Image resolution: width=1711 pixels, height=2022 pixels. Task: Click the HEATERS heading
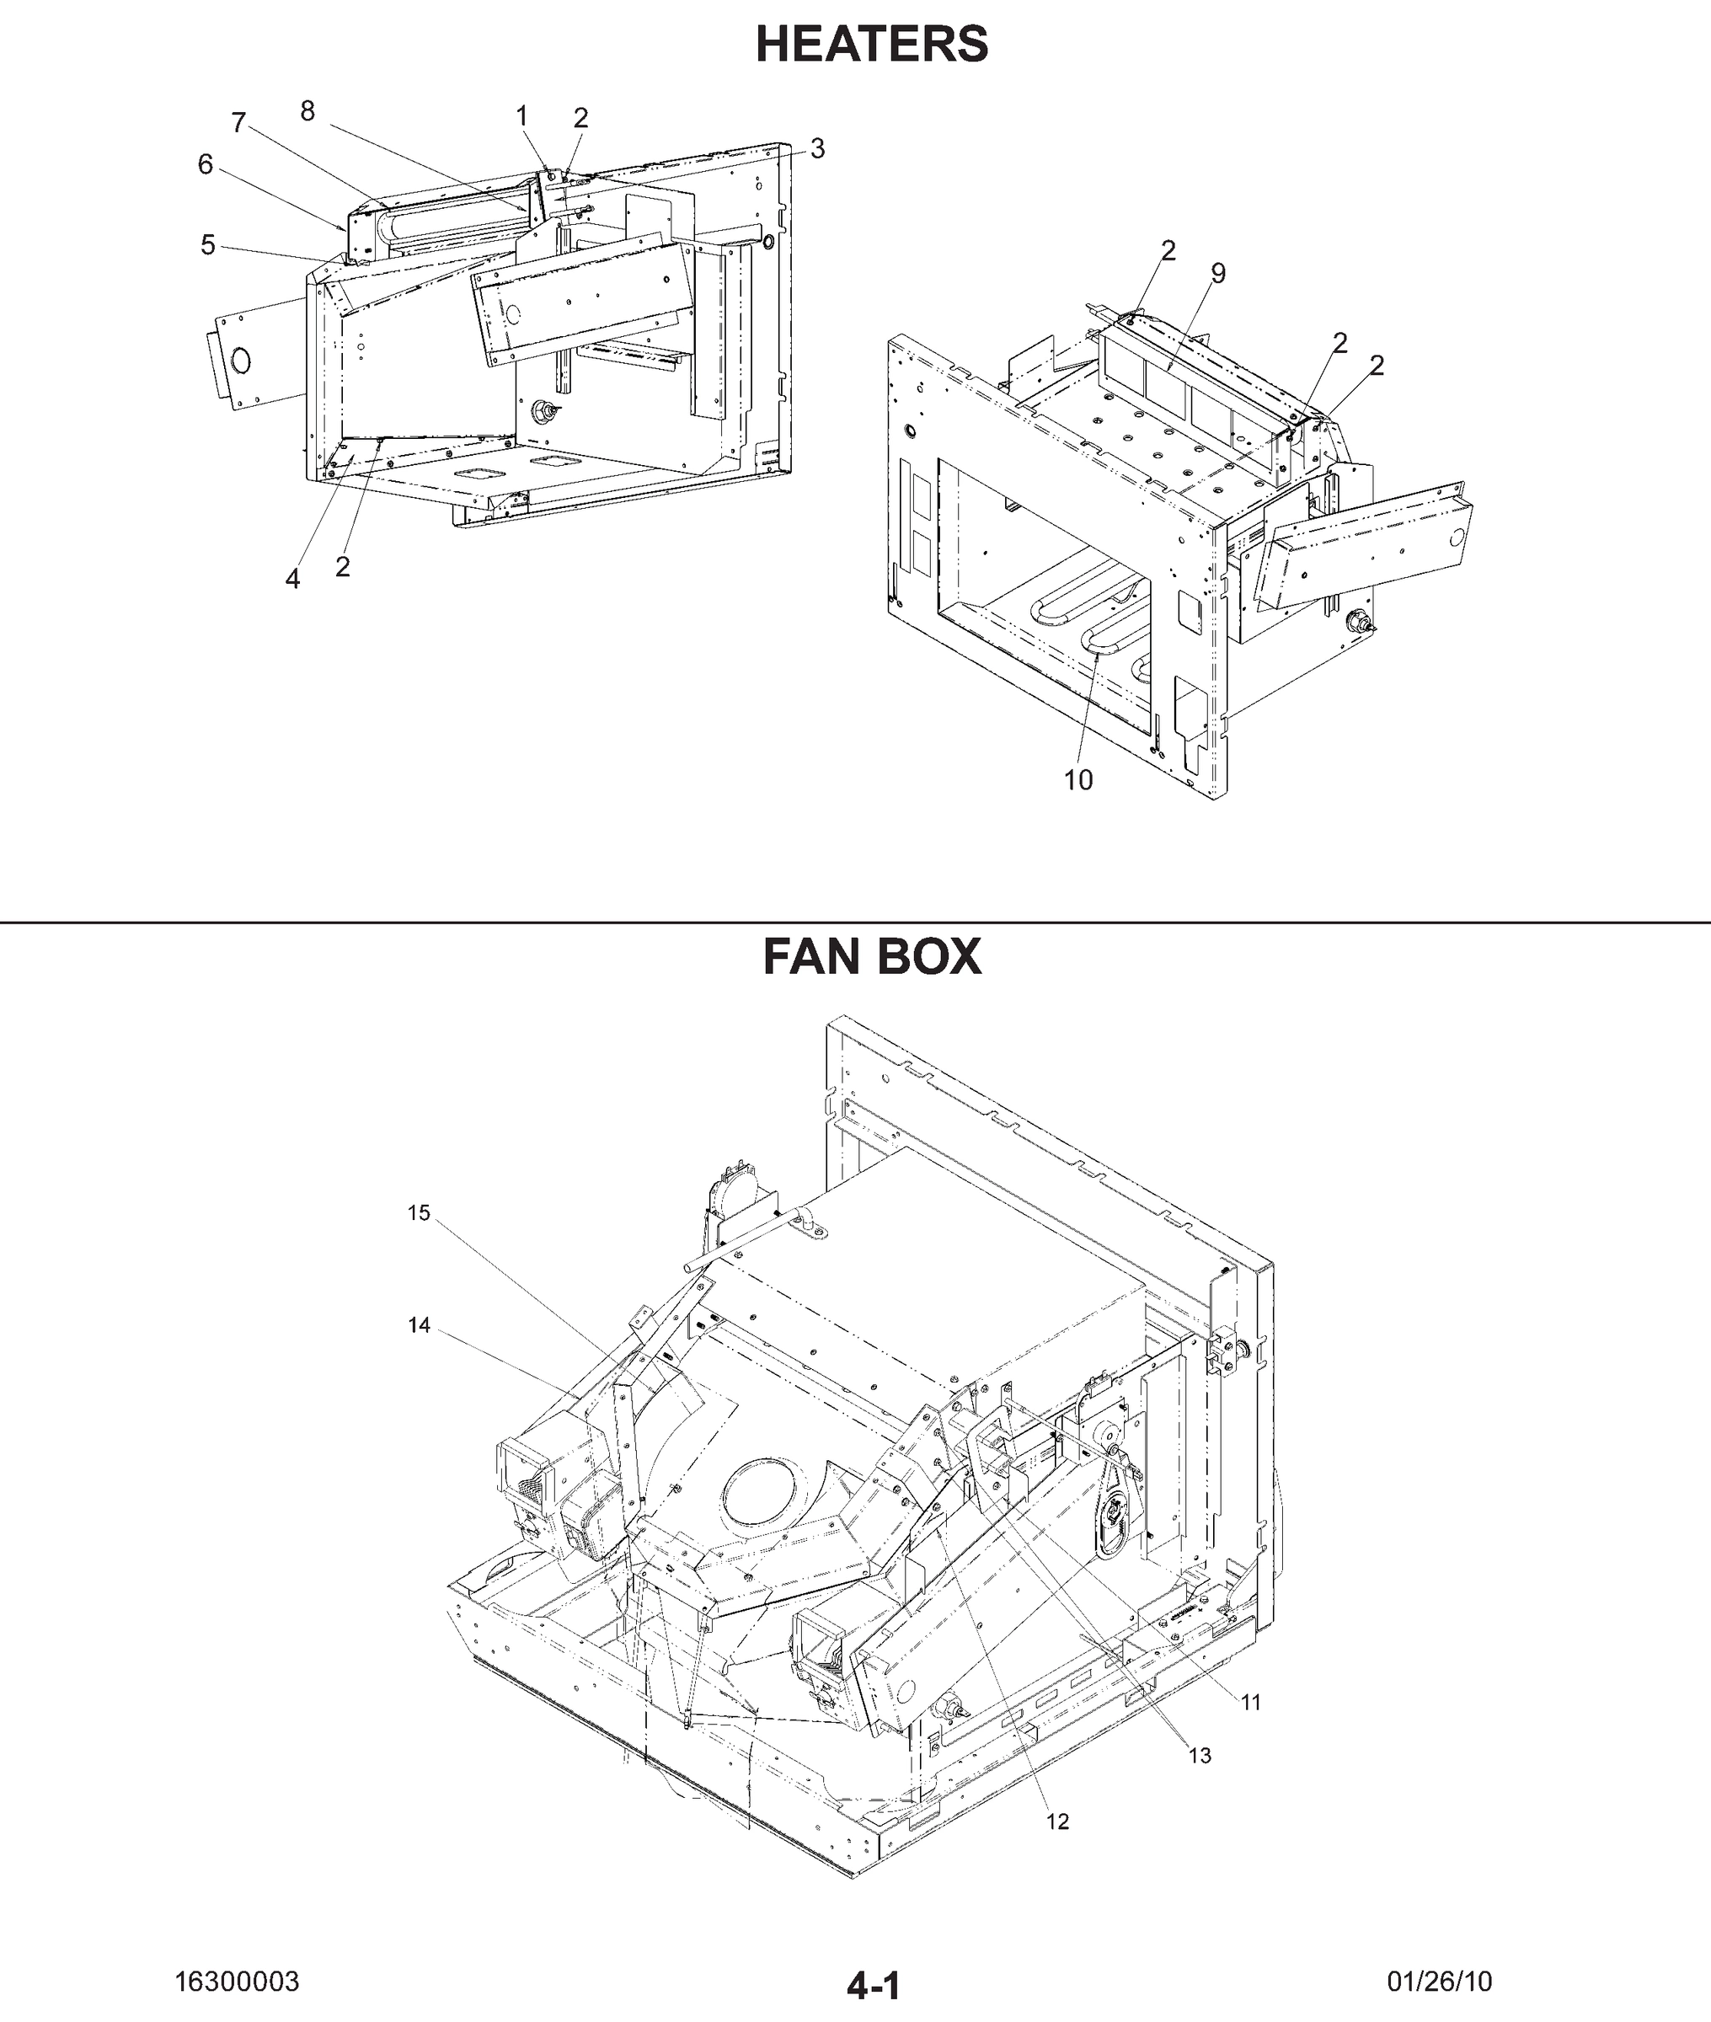pos(871,45)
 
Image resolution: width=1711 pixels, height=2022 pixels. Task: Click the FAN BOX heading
pos(871,957)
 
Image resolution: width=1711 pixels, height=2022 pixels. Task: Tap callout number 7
pos(238,123)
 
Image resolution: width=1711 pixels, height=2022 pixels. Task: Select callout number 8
pos(307,111)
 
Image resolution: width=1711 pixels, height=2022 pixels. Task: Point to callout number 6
pos(205,165)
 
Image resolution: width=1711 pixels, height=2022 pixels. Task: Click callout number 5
pos(207,245)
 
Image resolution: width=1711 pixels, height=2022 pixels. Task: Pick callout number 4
pos(292,579)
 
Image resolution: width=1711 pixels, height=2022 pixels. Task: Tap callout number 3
pos(818,148)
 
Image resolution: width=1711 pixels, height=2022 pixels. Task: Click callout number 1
pos(521,116)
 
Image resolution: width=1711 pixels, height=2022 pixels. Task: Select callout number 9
pos(1218,274)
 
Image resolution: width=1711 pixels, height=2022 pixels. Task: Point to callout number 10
pos(1077,781)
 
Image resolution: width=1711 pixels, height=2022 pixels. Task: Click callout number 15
pos(418,1213)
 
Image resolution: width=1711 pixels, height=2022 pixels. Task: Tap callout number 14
pos(418,1326)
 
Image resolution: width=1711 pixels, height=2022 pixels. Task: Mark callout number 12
pos(1057,1822)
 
